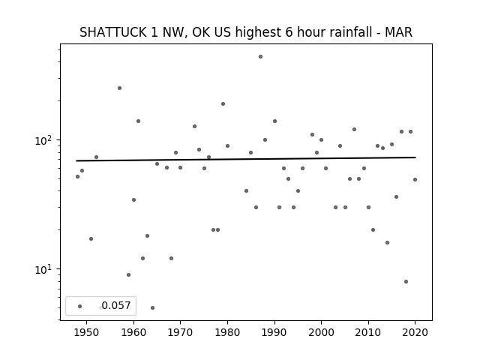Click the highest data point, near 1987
pyautogui.click(x=260, y=57)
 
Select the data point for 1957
pyautogui.click(x=120, y=88)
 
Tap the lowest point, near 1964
pyautogui.click(x=152, y=308)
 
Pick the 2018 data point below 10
pyautogui.click(x=406, y=282)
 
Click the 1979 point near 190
pyautogui.click(x=223, y=104)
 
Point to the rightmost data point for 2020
pyautogui.click(x=415, y=180)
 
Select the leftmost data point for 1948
pyautogui.click(x=77, y=177)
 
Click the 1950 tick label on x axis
pyautogui.click(x=87, y=332)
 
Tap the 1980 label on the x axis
pyautogui.click(x=227, y=332)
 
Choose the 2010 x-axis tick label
pyautogui.click(x=368, y=332)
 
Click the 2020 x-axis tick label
pyautogui.click(x=415, y=332)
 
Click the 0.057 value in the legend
pyautogui.click(x=116, y=305)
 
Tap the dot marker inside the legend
pyautogui.click(x=80, y=307)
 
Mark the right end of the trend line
pyautogui.click(x=415, y=157)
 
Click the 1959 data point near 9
pyautogui.click(x=128, y=275)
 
